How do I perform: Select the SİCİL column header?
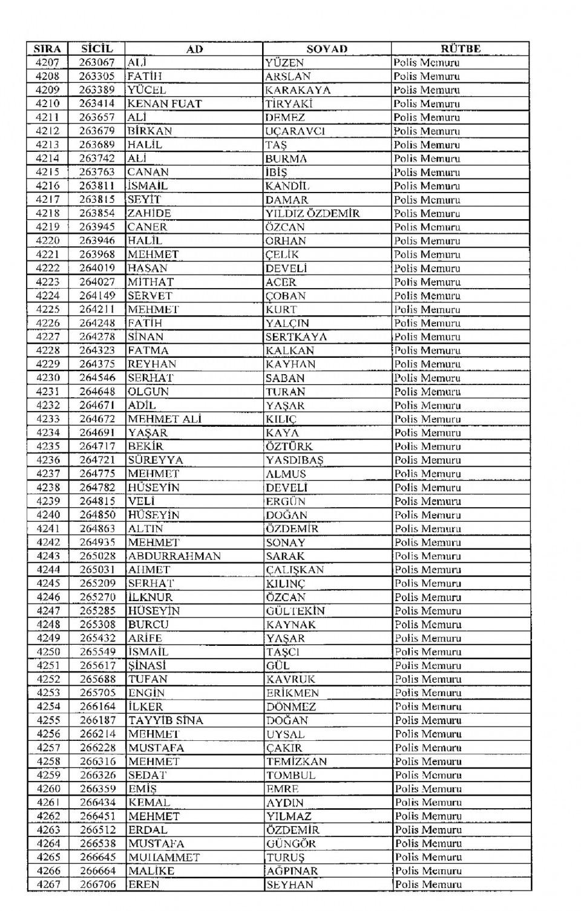pos(97,49)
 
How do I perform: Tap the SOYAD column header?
pos(327,49)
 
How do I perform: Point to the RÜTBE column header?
pos(460,49)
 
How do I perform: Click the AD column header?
pos(194,49)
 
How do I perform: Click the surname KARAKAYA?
pos(298,90)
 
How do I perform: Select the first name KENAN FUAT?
pos(164,104)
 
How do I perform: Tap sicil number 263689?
pos(97,145)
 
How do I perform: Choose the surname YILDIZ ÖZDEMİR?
pos(312,213)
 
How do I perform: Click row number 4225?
pos(47,309)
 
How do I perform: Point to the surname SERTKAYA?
pos(296,337)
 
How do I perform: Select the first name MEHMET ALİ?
pos(164,419)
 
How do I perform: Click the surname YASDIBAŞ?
pos(295,460)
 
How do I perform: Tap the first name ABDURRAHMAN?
pos(174,556)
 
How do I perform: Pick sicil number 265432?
pos(97,638)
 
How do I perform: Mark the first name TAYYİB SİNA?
pos(165,720)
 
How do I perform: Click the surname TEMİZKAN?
pos(297,761)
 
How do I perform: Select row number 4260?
pos(48,789)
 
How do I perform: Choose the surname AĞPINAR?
pos(292,871)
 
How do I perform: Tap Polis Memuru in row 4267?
pos(428,885)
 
